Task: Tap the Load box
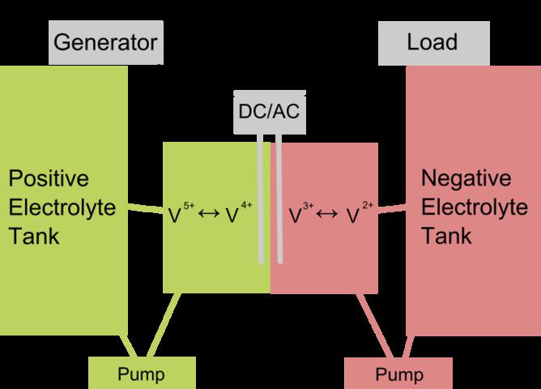click(433, 41)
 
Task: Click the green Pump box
click(141, 374)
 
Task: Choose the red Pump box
click(399, 374)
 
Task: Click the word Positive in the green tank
click(48, 179)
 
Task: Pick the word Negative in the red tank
click(467, 179)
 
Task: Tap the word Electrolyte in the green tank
click(62, 207)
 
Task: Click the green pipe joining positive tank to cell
click(146, 209)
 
